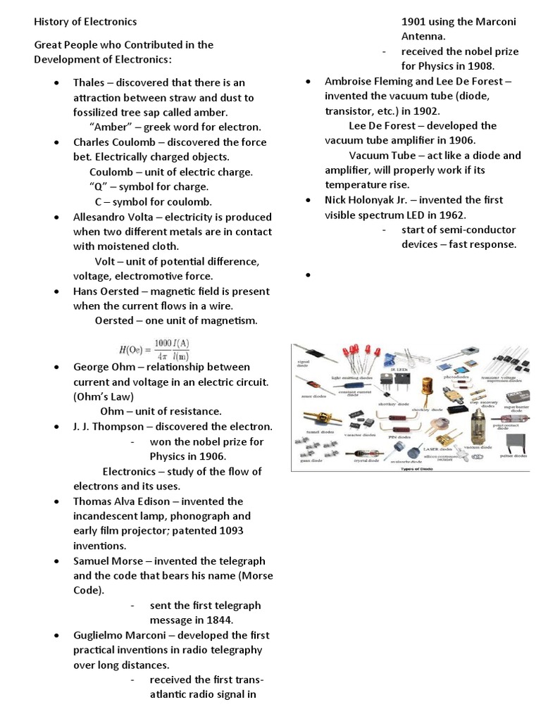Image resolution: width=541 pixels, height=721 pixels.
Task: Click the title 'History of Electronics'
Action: click(85, 22)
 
